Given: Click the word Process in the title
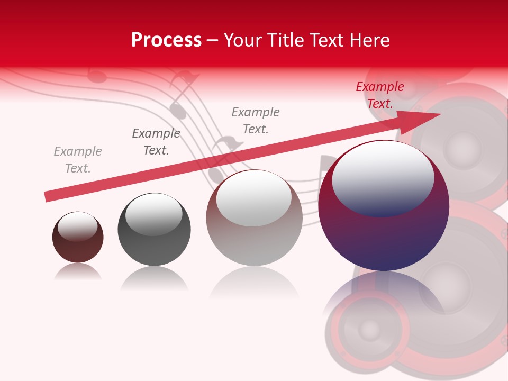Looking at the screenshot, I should [x=166, y=40].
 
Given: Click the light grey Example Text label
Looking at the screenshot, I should [x=78, y=160].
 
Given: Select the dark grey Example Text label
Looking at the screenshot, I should [x=156, y=142].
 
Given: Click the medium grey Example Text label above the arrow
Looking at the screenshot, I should [x=256, y=120].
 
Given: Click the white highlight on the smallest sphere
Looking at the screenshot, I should [x=77, y=226].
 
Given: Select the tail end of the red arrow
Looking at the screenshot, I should [x=49, y=196].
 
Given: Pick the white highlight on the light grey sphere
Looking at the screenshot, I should [x=253, y=198].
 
